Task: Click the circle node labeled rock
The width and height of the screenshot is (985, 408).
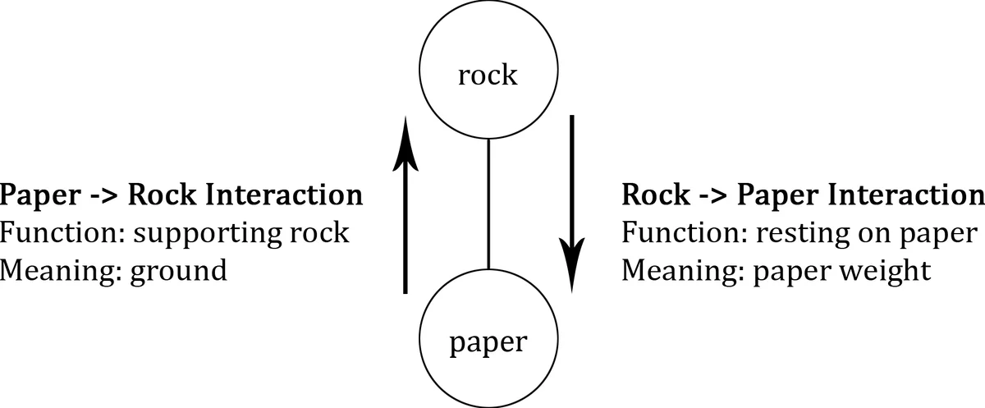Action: coord(488,76)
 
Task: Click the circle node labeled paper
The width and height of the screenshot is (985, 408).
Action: coord(488,340)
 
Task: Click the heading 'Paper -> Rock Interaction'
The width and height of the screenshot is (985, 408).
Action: coord(181,195)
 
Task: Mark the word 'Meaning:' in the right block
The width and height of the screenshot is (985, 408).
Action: coord(680,270)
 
